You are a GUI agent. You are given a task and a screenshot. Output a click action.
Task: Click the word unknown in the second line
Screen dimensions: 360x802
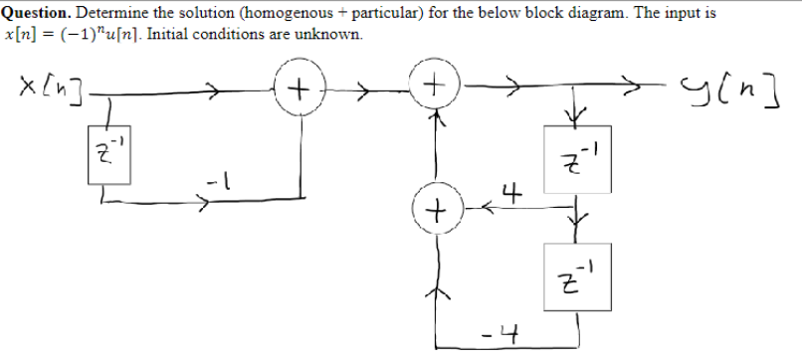tap(333, 34)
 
